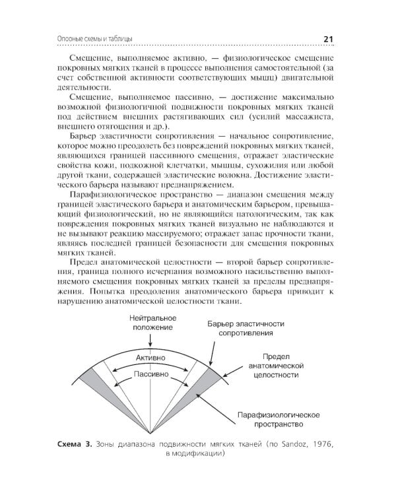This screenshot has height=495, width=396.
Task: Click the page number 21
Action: (331, 40)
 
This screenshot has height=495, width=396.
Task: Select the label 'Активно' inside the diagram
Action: (151, 357)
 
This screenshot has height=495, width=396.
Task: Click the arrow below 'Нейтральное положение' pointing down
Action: (151, 340)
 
